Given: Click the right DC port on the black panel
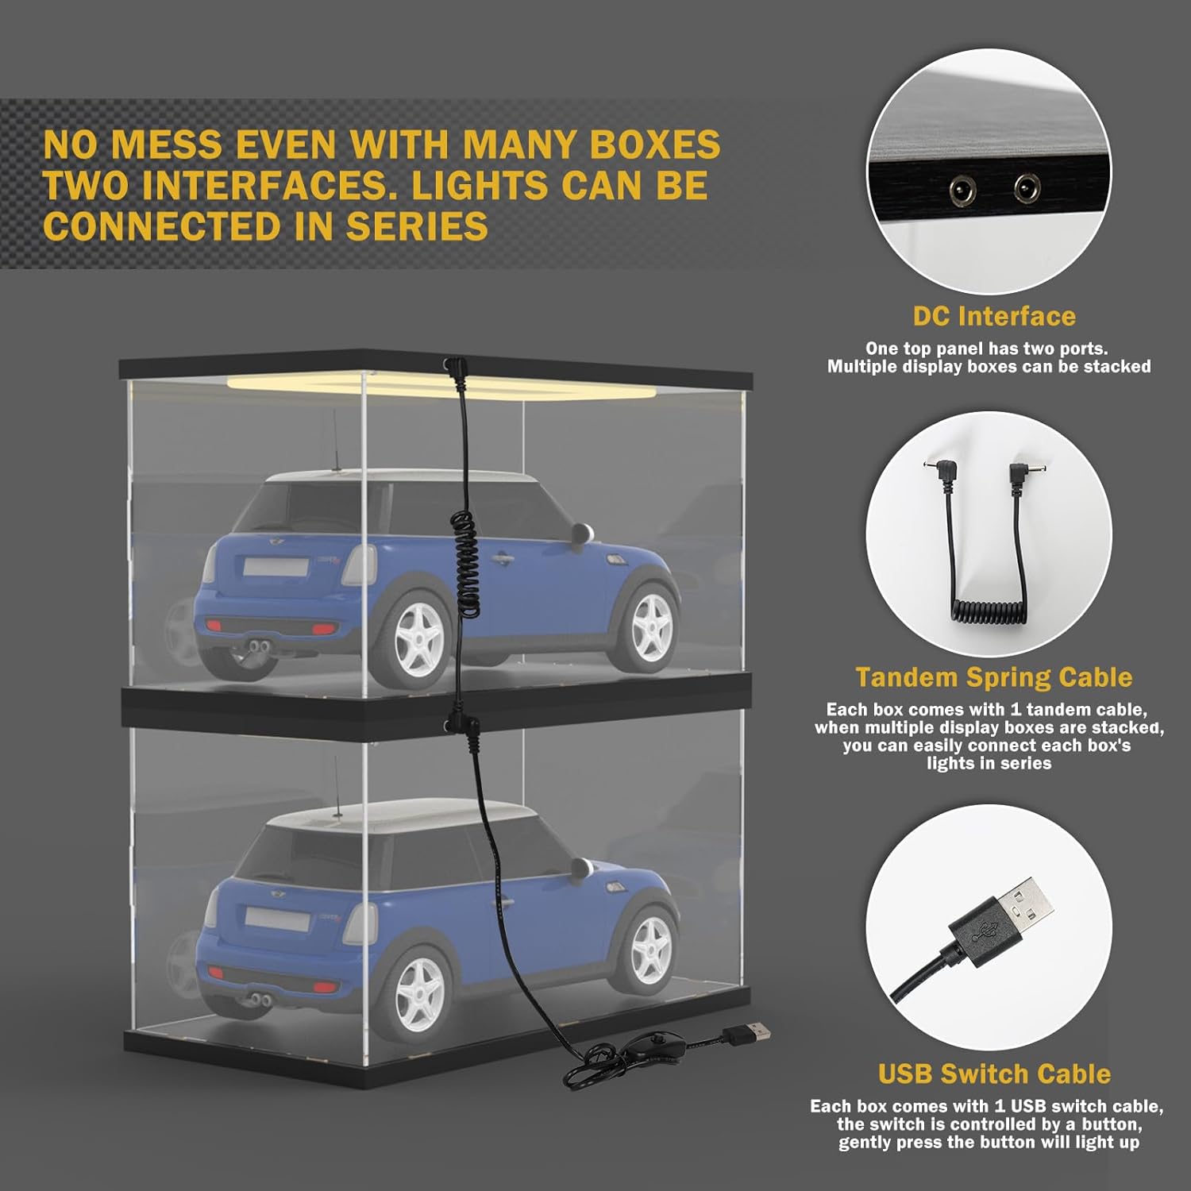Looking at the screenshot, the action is [1027, 188].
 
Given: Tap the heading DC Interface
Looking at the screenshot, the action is [994, 316].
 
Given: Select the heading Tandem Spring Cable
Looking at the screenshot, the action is [994, 677].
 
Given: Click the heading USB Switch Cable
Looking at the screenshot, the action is [994, 1073].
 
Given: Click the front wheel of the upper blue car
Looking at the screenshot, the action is [651, 623].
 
